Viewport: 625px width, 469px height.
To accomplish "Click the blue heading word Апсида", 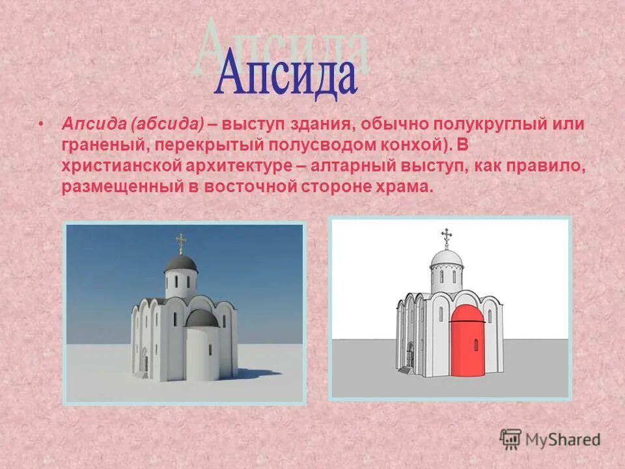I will [287, 76].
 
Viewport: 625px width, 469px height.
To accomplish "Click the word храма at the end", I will [407, 188].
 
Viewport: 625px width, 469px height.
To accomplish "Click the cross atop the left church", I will [180, 244].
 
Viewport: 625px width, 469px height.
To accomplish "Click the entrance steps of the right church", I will [404, 369].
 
